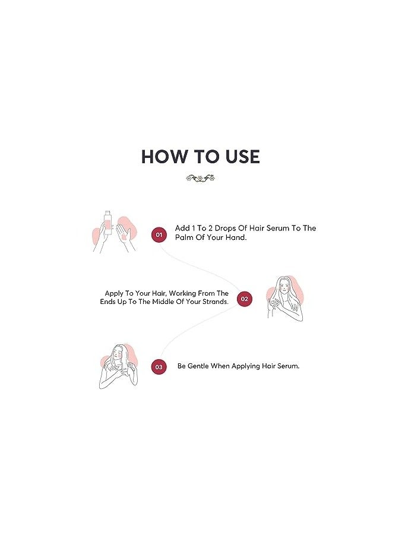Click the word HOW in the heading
pyautogui.click(x=164, y=157)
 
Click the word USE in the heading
pyautogui.click(x=243, y=157)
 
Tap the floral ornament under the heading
pyautogui.click(x=200, y=178)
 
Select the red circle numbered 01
pyautogui.click(x=159, y=235)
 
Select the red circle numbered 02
pyautogui.click(x=244, y=299)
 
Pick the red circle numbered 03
pyautogui.click(x=159, y=366)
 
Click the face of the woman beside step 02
pyautogui.click(x=284, y=289)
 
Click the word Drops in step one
pyautogui.click(x=225, y=228)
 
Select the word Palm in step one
pyautogui.click(x=183, y=237)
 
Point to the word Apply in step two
pyautogui.click(x=114, y=293)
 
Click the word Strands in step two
pyautogui.click(x=214, y=302)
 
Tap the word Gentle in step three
pyautogui.click(x=198, y=366)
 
